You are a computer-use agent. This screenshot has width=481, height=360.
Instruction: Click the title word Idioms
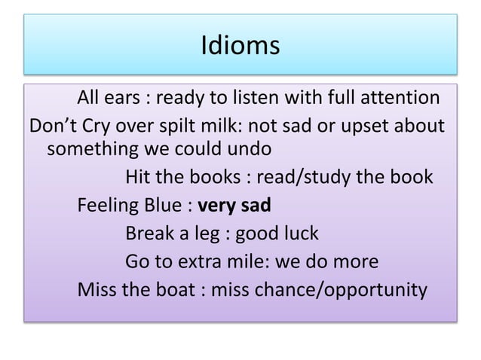coord(240,47)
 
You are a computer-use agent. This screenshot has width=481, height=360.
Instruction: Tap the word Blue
coord(167,206)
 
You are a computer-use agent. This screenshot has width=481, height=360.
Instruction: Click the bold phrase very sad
coord(234,206)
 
